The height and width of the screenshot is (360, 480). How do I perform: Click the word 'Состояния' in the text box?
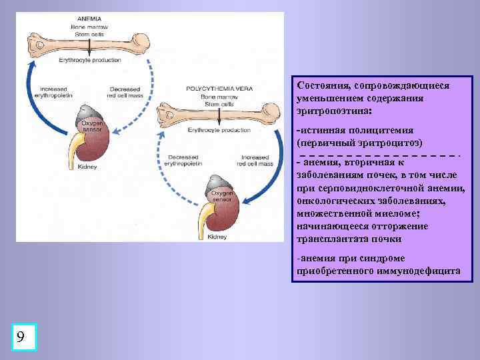[x=325, y=86]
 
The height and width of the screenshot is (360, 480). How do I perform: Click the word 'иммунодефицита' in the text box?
[x=415, y=271]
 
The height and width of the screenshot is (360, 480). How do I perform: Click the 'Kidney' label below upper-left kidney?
[x=87, y=167]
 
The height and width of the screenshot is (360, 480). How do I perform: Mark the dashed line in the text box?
[x=378, y=153]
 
